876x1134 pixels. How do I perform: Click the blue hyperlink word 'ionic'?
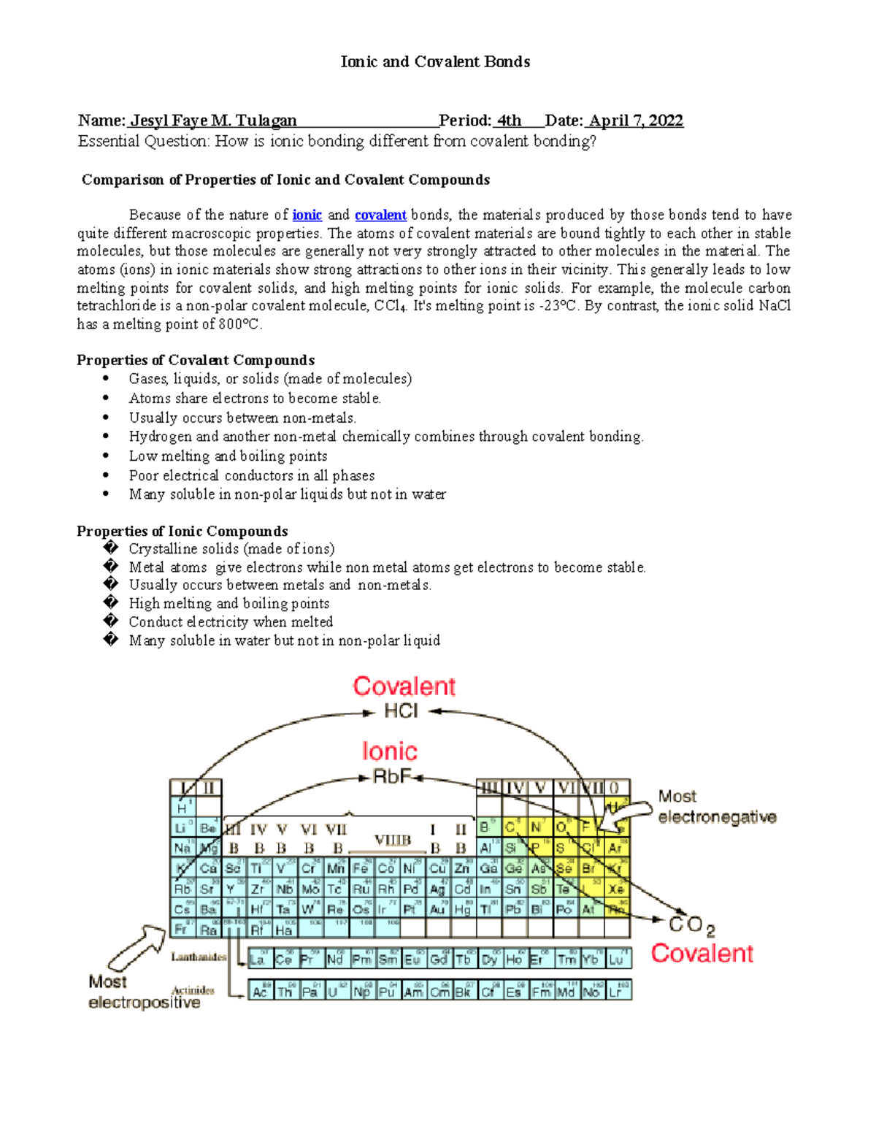pyautogui.click(x=307, y=215)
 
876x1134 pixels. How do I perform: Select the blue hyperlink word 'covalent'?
pyautogui.click(x=380, y=215)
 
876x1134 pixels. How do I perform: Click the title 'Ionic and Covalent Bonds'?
pyautogui.click(x=435, y=62)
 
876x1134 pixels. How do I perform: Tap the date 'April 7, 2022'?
pyautogui.click(x=636, y=120)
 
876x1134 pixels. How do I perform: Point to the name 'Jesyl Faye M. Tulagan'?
pyautogui.click(x=213, y=120)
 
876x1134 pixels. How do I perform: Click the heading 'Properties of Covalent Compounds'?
pyautogui.click(x=196, y=360)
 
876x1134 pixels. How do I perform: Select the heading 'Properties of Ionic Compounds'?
pyautogui.click(x=182, y=531)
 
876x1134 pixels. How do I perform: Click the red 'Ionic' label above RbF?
pyautogui.click(x=389, y=751)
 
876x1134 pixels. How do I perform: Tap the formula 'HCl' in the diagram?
pyautogui.click(x=401, y=711)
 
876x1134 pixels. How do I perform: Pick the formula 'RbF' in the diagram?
pyautogui.click(x=392, y=777)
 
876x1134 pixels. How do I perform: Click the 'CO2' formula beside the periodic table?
pyautogui.click(x=691, y=925)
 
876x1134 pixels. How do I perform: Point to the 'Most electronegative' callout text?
pyautogui.click(x=716, y=807)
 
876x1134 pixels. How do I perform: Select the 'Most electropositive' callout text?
pyautogui.click(x=144, y=992)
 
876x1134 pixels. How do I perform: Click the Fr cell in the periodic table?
pyautogui.click(x=182, y=930)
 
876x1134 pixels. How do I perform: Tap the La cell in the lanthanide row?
pyautogui.click(x=258, y=959)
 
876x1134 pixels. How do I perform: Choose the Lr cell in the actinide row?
pyautogui.click(x=617, y=992)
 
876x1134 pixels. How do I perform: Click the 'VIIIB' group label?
pyautogui.click(x=393, y=840)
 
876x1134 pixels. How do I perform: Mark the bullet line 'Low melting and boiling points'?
pyautogui.click(x=228, y=456)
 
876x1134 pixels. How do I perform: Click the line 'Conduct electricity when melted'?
pyautogui.click(x=231, y=622)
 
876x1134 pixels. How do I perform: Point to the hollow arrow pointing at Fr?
pyautogui.click(x=137, y=946)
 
